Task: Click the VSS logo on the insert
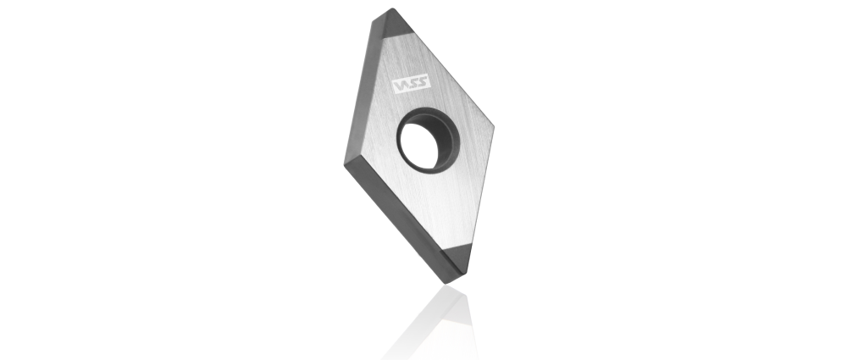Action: click(411, 84)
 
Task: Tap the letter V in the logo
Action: click(401, 86)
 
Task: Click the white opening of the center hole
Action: click(420, 144)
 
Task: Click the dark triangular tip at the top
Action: click(393, 25)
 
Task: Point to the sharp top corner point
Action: click(393, 8)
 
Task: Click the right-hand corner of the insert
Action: click(493, 128)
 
